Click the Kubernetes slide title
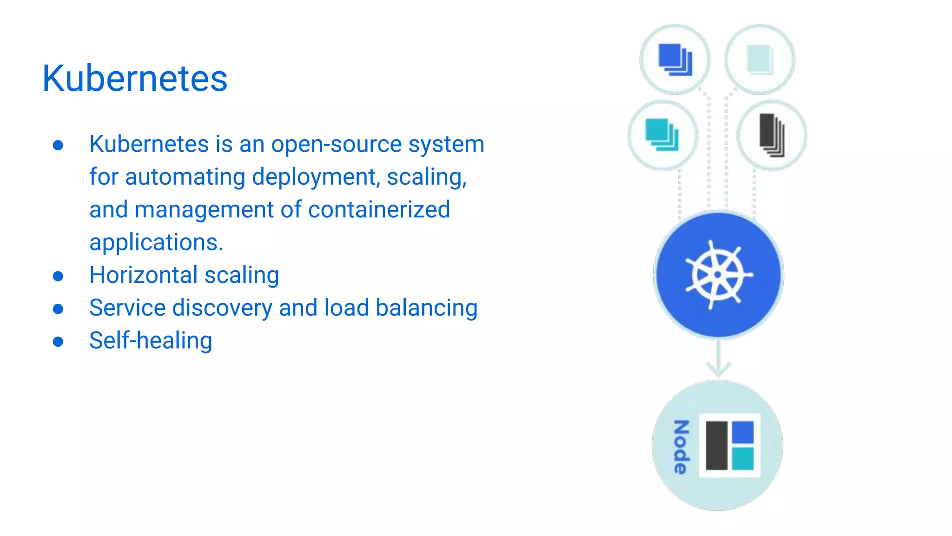(135, 78)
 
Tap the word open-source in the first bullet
(337, 144)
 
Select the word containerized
(379, 209)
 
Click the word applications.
(156, 242)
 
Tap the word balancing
(426, 308)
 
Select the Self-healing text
(151, 341)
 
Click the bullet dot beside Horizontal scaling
(58, 276)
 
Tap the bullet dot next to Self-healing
(58, 342)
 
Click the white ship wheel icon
(718, 275)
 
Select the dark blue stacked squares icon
(675, 60)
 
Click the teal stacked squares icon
(662, 135)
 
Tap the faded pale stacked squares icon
(760, 60)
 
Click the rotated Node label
(681, 447)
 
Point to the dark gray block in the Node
(716, 446)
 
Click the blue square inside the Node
(743, 432)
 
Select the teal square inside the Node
(743, 459)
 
